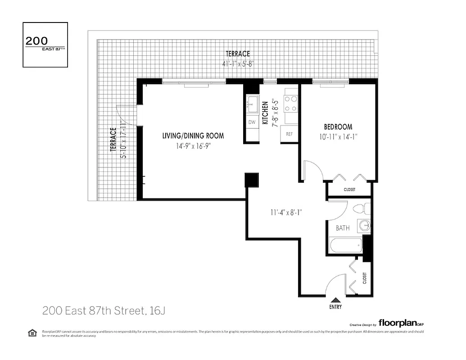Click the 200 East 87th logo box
45,45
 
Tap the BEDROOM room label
338,127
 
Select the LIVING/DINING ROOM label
193,136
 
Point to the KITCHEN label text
266,113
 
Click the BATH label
343,228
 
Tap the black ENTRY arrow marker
335,300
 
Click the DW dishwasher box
252,122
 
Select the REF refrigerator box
290,134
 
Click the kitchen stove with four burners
291,103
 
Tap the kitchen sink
252,104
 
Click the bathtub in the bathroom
345,246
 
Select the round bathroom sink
365,225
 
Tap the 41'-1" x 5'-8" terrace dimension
238,64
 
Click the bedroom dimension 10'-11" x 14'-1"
338,136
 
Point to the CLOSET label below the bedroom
349,190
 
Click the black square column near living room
251,180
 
